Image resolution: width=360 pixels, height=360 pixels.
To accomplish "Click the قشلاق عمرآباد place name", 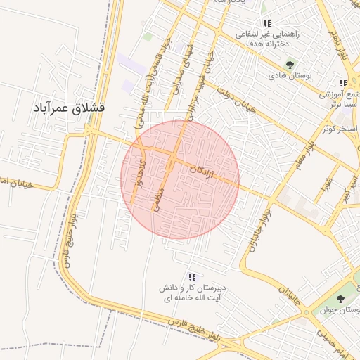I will point(69,108).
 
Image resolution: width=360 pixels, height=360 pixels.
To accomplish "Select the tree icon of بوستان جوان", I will point(340,300).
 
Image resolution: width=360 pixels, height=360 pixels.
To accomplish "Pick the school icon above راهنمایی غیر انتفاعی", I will point(267,23).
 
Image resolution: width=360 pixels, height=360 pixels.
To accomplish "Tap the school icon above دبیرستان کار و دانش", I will point(192,276).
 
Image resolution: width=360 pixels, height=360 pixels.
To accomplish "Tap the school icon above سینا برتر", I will point(344,83).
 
